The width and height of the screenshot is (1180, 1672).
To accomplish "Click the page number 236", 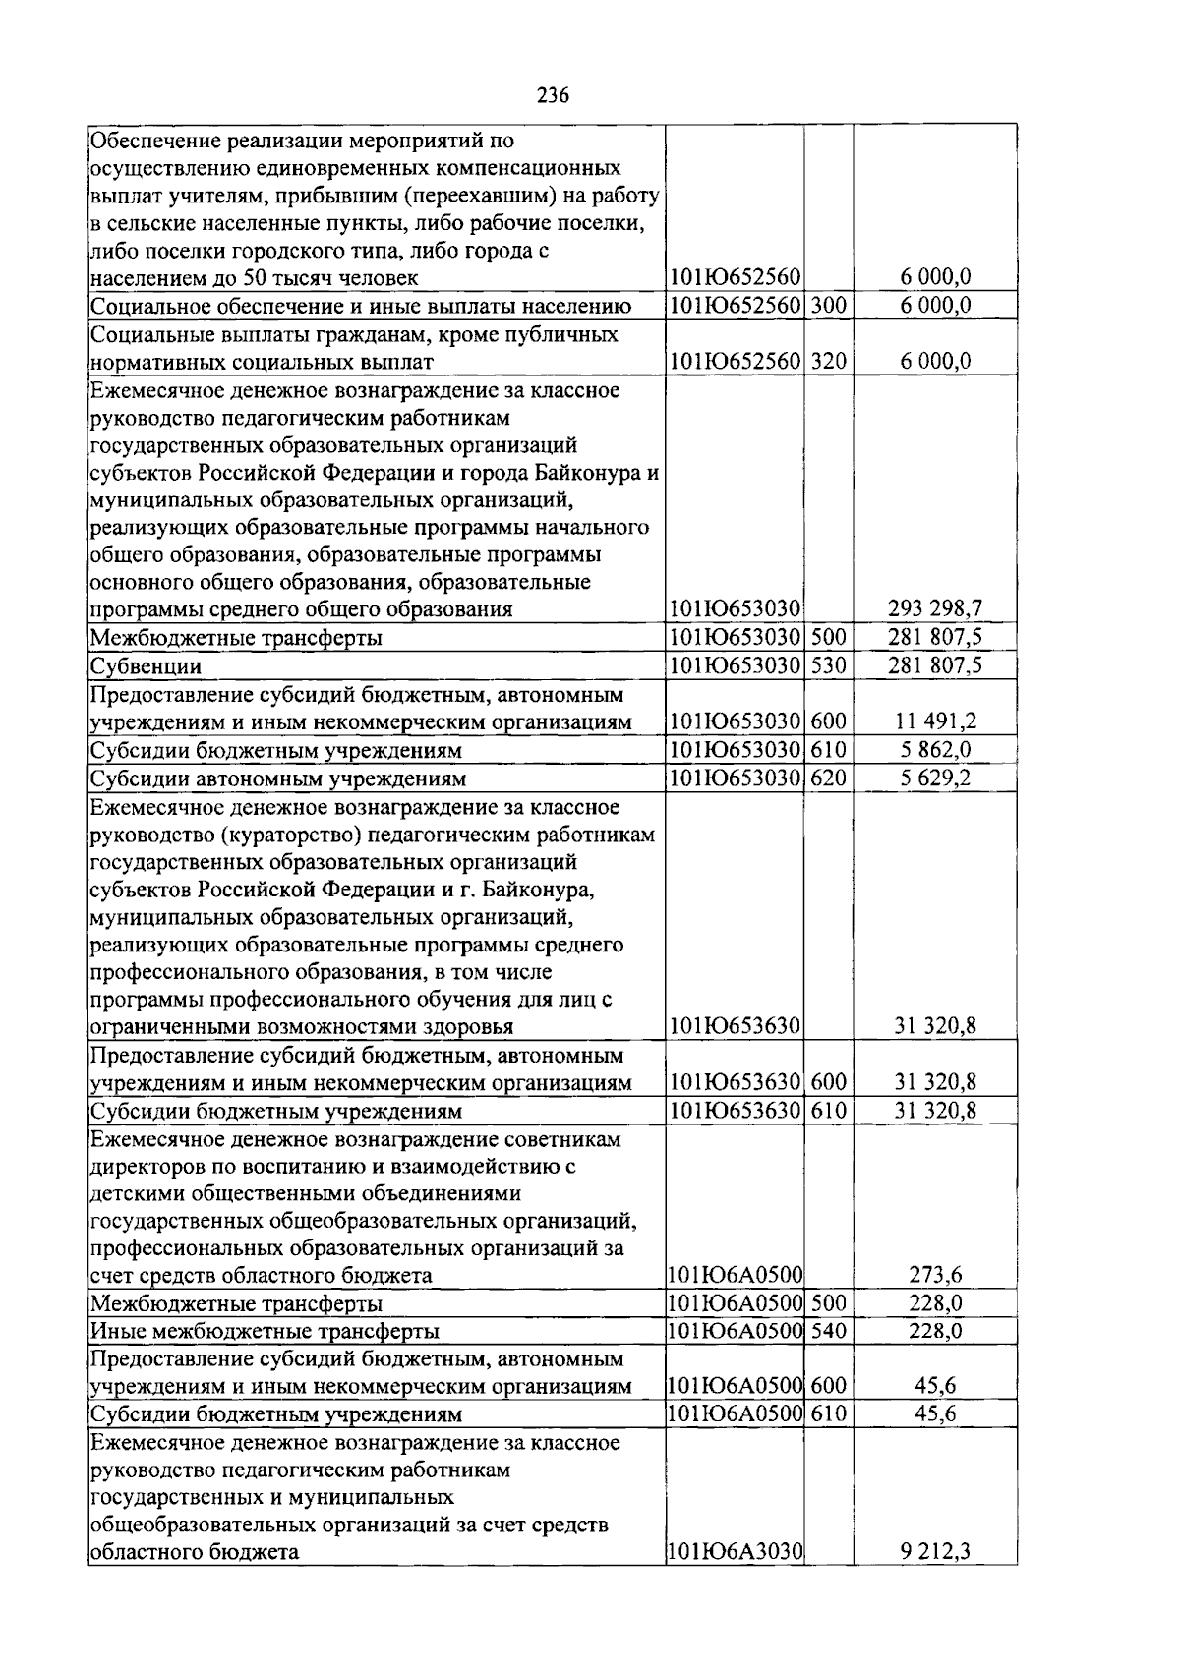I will coord(554,95).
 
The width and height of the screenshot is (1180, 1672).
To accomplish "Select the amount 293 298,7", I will coord(935,609).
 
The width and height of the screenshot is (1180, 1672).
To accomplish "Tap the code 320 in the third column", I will coord(828,362).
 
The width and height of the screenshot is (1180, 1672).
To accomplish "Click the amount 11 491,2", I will coord(935,722).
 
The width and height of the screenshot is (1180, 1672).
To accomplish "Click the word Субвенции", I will coord(146,666).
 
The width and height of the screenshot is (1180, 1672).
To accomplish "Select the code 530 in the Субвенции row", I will coord(828,665).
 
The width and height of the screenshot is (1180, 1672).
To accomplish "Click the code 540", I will coord(828,1331).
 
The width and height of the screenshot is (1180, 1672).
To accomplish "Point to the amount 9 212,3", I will coord(935,1553).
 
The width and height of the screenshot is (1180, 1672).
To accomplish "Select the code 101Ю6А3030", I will coord(735,1553).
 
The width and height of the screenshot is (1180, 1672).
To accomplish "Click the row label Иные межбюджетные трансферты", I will coord(265,1332).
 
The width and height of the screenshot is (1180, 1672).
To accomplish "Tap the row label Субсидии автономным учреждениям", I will coord(277,778).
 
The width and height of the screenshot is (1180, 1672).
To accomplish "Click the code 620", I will coord(828,778).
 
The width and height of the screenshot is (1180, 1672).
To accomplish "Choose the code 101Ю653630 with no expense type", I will coord(735,1027).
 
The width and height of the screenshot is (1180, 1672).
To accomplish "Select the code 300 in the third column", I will coord(828,306).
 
